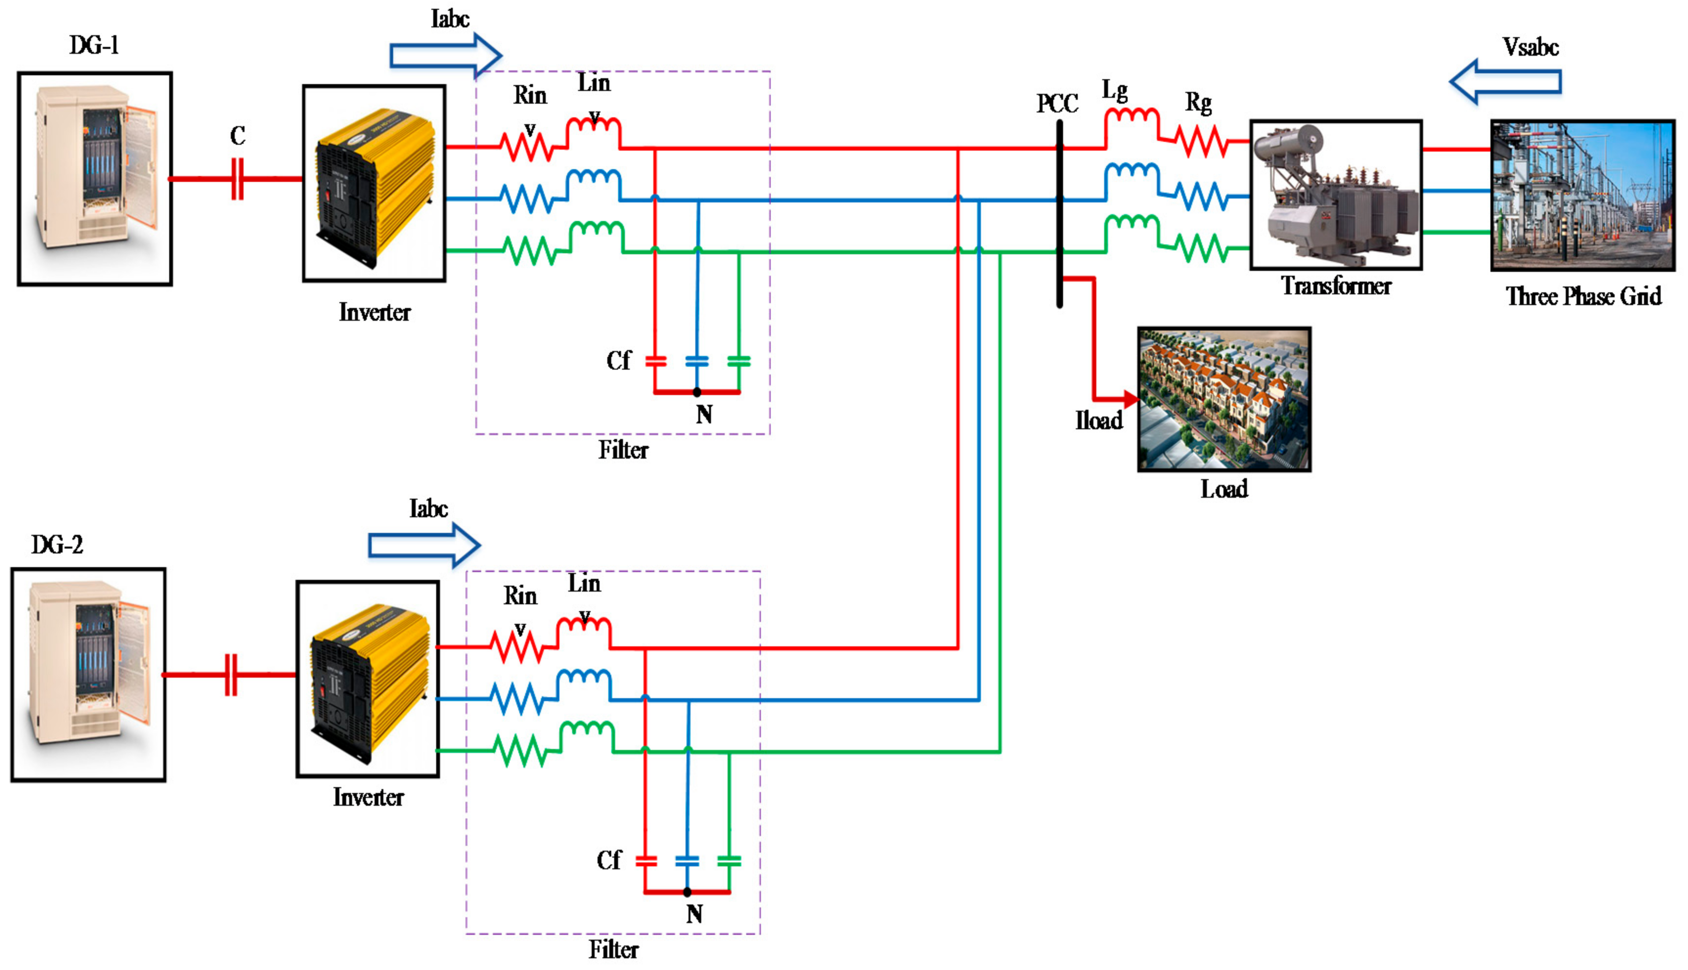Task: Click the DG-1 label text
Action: [94, 45]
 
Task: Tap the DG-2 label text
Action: [57, 545]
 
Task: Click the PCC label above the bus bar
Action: [1057, 104]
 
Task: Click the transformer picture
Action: [1336, 195]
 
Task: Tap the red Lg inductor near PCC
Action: [1132, 123]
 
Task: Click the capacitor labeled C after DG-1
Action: [237, 178]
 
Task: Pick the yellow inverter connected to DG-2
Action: [368, 678]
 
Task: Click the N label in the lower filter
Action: [694, 913]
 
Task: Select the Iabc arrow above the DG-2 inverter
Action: [424, 546]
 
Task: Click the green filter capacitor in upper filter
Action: [739, 362]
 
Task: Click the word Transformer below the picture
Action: [1336, 286]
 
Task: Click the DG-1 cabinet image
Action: [94, 178]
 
